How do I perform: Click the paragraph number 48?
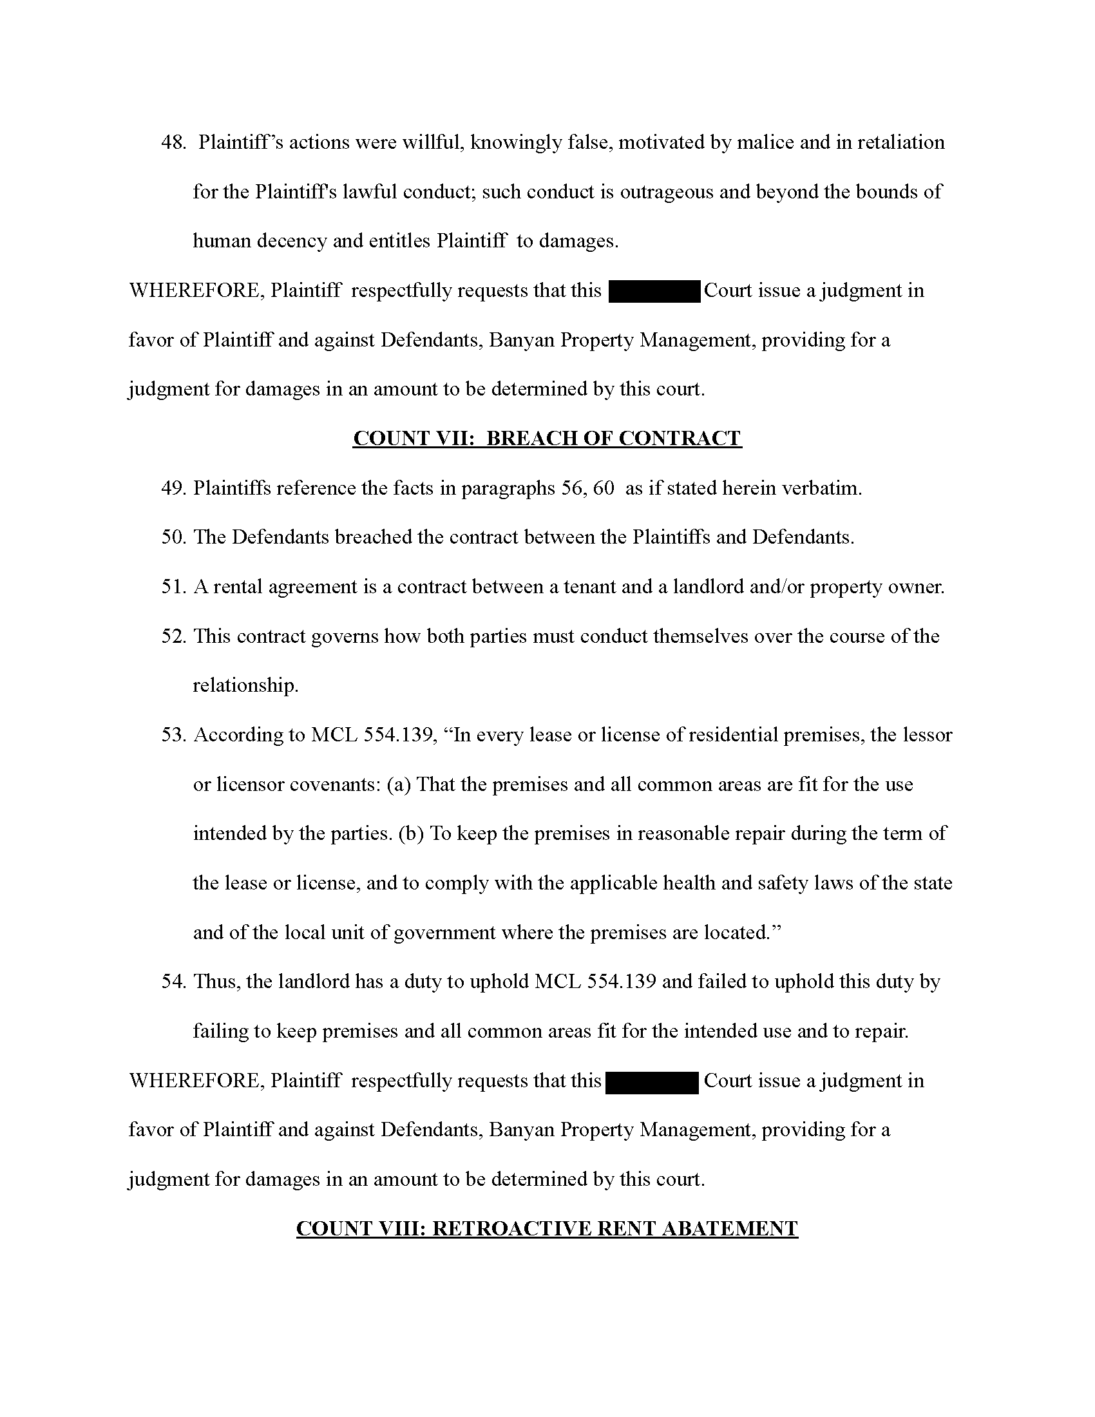tap(173, 143)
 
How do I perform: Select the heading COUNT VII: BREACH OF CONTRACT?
tap(547, 439)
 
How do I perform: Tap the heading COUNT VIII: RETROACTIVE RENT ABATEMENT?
tap(547, 1228)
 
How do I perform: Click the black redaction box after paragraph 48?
tap(654, 291)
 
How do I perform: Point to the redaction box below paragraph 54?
tap(651, 1081)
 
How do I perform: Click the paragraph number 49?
tap(173, 488)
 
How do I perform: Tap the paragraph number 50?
tap(173, 537)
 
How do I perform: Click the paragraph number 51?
tap(173, 587)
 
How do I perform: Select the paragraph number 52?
tap(173, 636)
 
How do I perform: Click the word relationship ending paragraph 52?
tap(245, 686)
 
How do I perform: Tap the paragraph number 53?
tap(173, 735)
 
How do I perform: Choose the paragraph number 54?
tap(173, 982)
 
